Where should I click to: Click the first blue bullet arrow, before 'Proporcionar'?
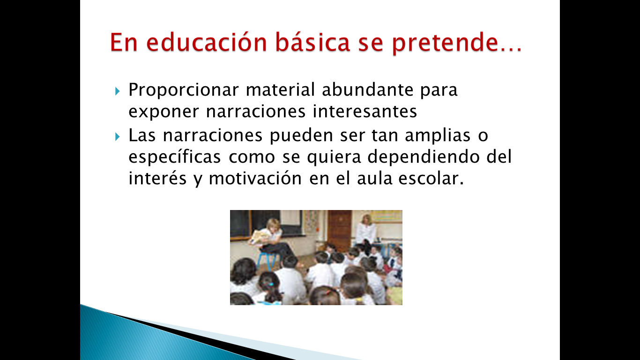tap(117, 91)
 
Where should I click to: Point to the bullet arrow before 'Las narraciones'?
tap(117, 137)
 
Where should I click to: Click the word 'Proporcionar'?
tap(184, 90)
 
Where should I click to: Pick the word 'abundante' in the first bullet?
tap(367, 90)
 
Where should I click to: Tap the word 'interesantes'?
tap(365, 112)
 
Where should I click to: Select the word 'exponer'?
tap(164, 112)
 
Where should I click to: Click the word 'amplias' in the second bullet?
tap(438, 136)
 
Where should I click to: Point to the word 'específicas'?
tap(175, 157)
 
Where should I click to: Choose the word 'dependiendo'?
tap(423, 157)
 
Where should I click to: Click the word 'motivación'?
tap(255, 179)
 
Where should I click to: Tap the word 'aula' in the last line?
tap(374, 179)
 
